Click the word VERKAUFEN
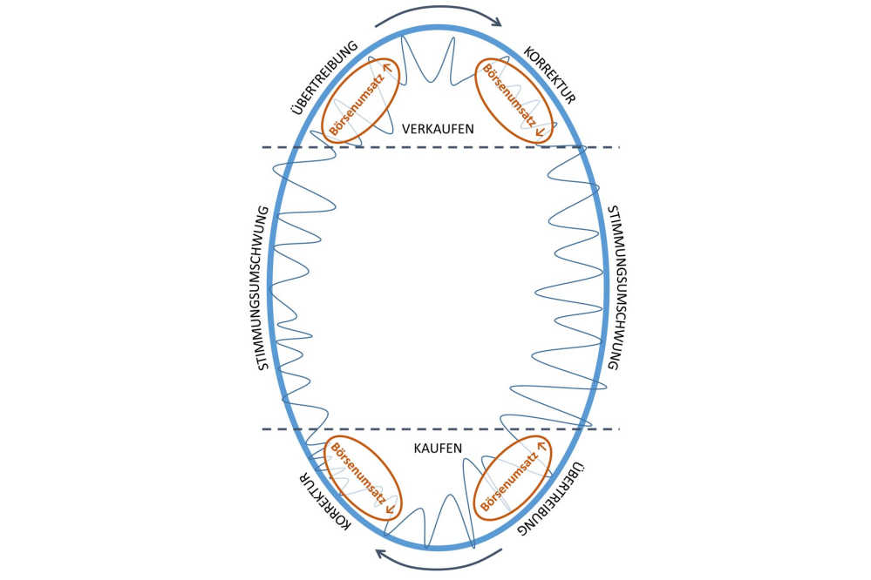point(438,128)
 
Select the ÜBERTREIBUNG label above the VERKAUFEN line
point(320,75)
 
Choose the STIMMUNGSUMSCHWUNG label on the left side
point(262,288)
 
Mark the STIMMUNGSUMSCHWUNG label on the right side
point(612,288)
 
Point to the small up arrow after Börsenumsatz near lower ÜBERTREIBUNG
point(541,446)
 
